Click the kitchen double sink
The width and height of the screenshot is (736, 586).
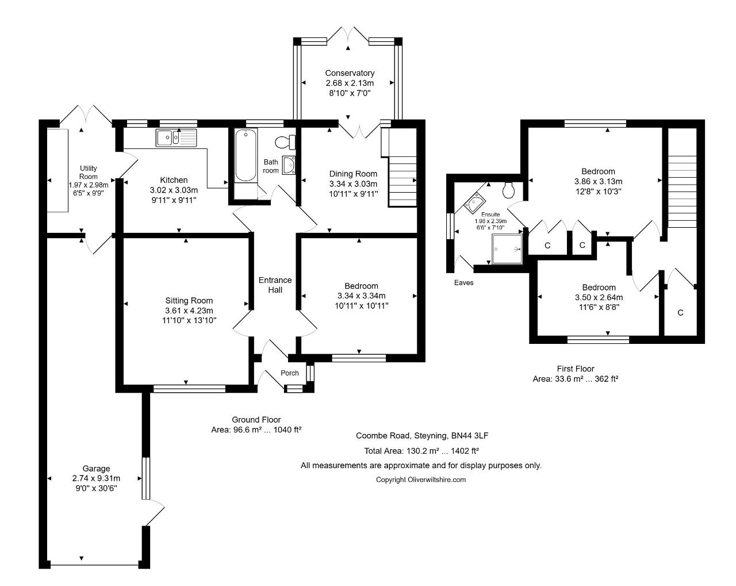pyautogui.click(x=176, y=137)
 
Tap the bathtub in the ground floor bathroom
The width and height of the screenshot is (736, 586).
pyautogui.click(x=246, y=155)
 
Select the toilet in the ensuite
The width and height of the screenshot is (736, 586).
pyautogui.click(x=509, y=190)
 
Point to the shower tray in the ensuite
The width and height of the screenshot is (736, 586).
pyautogui.click(x=507, y=249)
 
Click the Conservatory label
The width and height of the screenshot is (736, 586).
pyautogui.click(x=350, y=73)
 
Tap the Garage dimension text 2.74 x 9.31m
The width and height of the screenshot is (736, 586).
pyautogui.click(x=96, y=478)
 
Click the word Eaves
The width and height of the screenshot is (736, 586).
pyautogui.click(x=464, y=282)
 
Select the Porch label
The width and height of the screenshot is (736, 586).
pyautogui.click(x=290, y=373)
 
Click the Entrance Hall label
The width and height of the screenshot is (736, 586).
pyautogui.click(x=275, y=285)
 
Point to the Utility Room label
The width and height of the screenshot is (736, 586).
pyautogui.click(x=88, y=173)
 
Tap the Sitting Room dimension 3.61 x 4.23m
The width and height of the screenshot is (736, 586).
pyautogui.click(x=189, y=311)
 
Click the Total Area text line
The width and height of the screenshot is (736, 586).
pyautogui.click(x=421, y=451)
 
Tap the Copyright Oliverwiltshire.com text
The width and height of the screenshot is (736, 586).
pyautogui.click(x=421, y=480)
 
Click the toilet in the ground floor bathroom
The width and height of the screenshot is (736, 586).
pyautogui.click(x=285, y=142)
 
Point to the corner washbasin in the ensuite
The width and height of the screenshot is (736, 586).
pyautogui.click(x=475, y=202)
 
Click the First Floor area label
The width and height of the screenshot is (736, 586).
pyautogui.click(x=576, y=374)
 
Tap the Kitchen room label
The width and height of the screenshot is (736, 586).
pyautogui.click(x=174, y=180)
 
